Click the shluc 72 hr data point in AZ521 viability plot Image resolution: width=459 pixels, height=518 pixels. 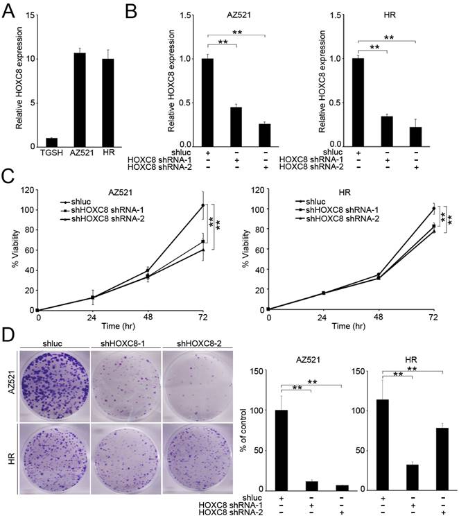coord(202,205)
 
